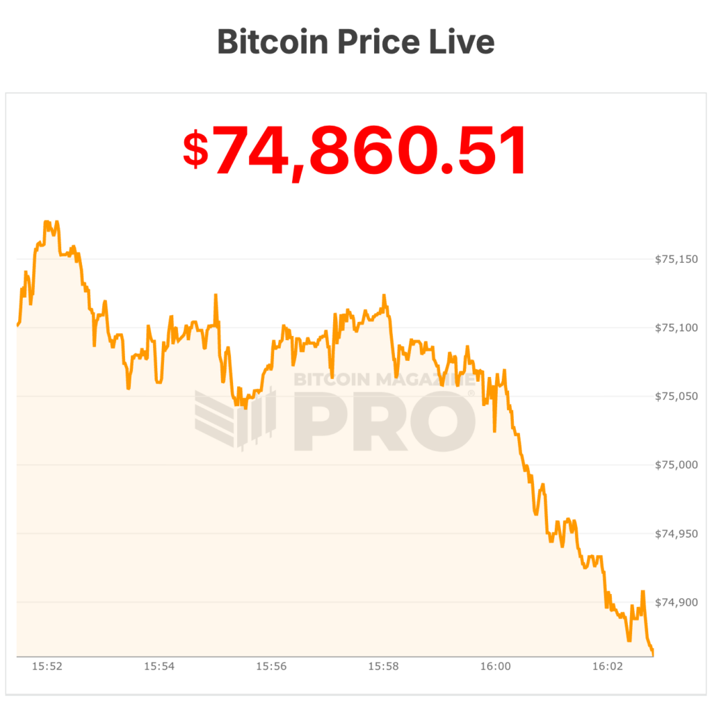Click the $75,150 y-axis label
coord(676,259)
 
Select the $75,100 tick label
coord(676,328)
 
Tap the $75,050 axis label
coord(676,396)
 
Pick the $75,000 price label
coord(676,465)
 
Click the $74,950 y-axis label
coord(676,533)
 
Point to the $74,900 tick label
coord(676,602)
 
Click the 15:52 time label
coord(47,666)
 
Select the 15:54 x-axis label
coord(159,666)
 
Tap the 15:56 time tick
coord(271,666)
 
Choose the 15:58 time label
coord(383,666)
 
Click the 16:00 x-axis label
coord(495,666)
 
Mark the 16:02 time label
coord(607,666)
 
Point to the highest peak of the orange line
coord(47,222)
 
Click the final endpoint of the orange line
coord(652,654)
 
